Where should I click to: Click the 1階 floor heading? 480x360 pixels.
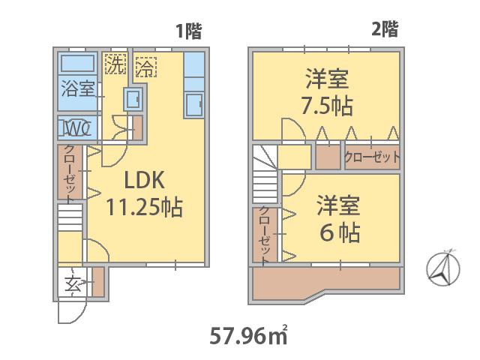pos(188,31)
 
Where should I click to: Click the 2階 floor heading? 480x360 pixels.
pos(385,29)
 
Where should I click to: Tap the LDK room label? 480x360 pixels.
pos(145,180)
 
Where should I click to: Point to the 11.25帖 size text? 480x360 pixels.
pos(144,207)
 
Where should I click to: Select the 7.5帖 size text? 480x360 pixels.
pos(327,106)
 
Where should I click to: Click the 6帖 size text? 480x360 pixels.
pos(340,232)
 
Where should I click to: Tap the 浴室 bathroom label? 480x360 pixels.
pos(78,88)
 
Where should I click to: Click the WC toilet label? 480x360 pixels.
pos(76,128)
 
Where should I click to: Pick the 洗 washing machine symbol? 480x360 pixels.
pos(115,64)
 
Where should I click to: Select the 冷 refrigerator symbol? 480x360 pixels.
pos(146,67)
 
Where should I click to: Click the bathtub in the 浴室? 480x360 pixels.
pos(77,63)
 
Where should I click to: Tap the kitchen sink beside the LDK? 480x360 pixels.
pos(194,105)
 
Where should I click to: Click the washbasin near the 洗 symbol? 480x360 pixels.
pos(133,99)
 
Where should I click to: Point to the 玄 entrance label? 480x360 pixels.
pos(73,283)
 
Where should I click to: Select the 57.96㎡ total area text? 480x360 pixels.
pos(248,335)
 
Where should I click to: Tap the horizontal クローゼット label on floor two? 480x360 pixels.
pos(372,157)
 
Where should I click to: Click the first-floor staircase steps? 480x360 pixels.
pos(70,217)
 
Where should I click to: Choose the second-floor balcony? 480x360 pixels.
pos(326,283)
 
